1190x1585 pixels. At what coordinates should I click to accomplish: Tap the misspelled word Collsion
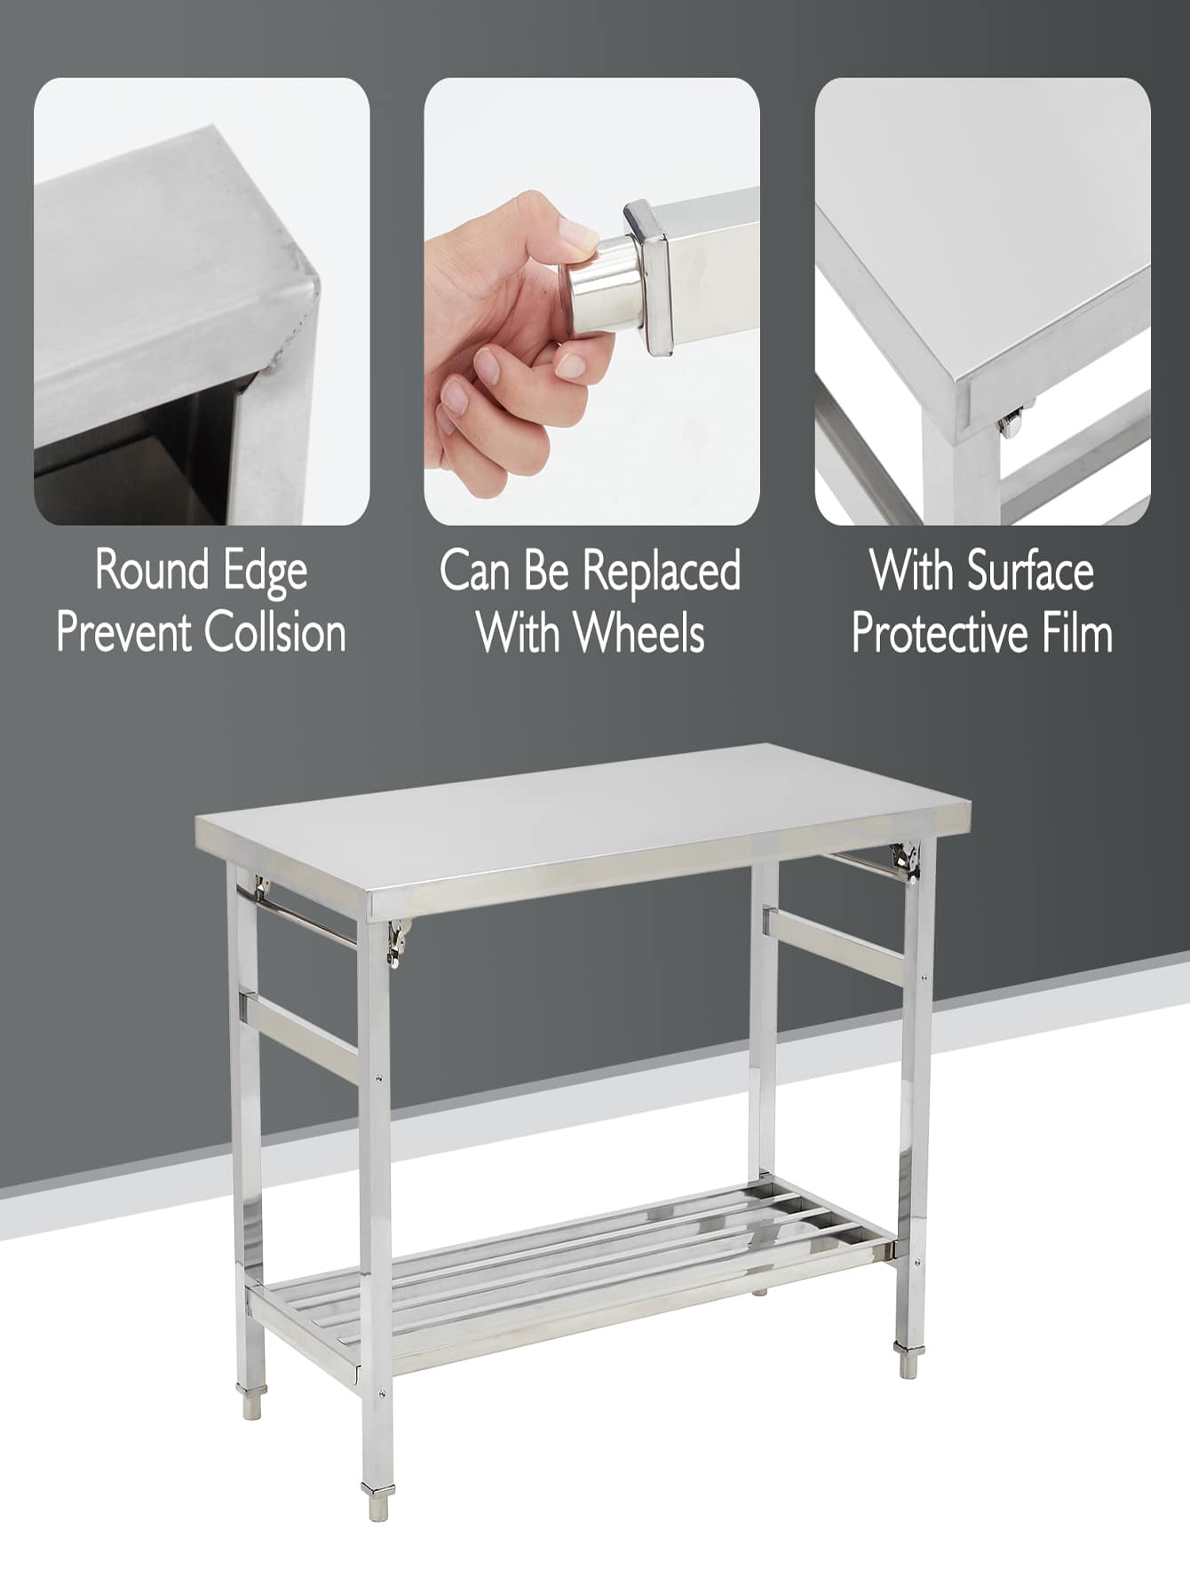click(x=274, y=633)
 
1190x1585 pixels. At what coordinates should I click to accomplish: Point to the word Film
click(x=1077, y=633)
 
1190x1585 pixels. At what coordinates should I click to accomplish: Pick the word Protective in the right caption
click(x=940, y=633)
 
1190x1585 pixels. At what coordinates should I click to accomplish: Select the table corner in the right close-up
click(x=964, y=391)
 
